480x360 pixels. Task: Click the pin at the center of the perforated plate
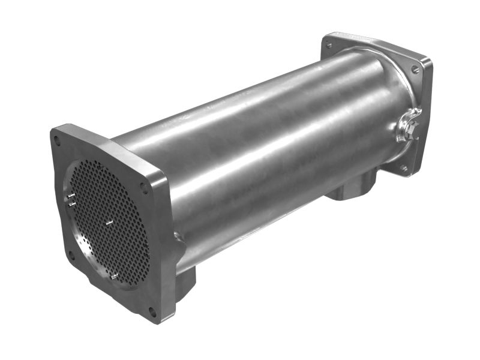(x=109, y=223)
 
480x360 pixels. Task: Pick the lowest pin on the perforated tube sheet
(x=113, y=277)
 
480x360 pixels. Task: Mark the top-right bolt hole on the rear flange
(x=415, y=70)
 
